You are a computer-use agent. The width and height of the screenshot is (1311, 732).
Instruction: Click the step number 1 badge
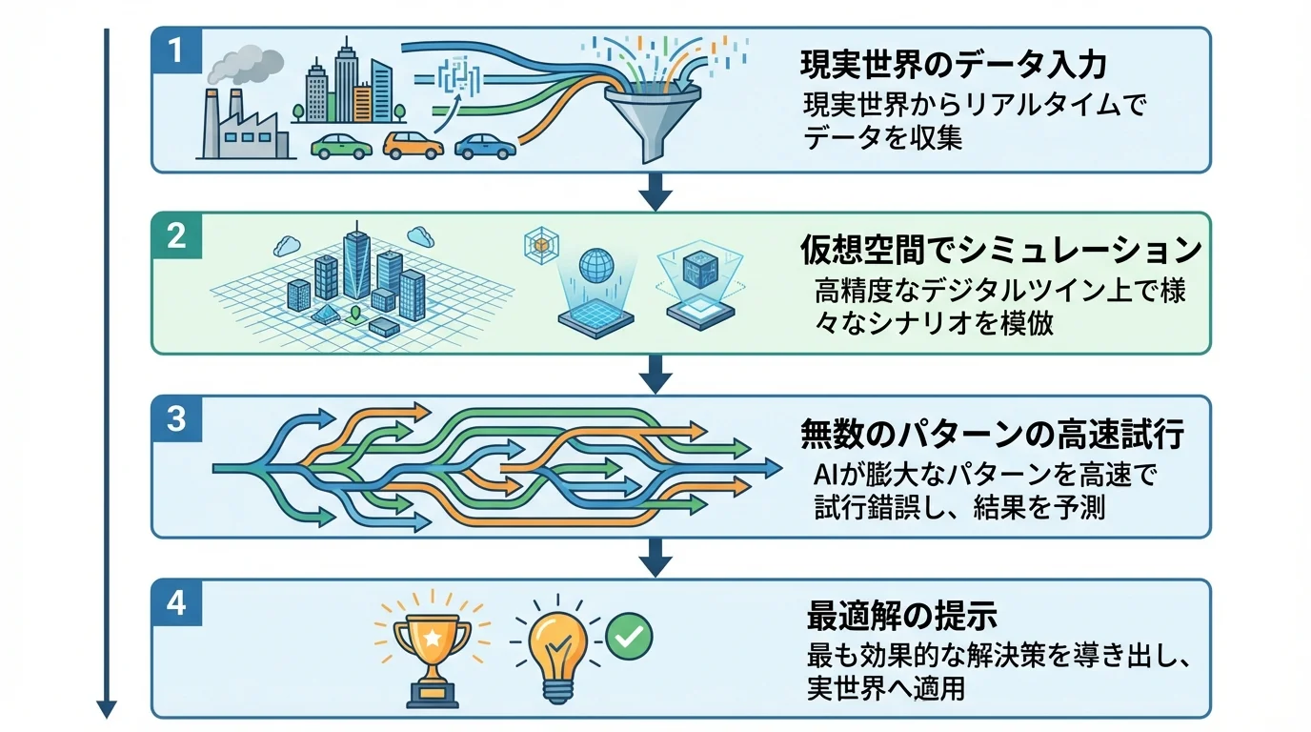click(176, 51)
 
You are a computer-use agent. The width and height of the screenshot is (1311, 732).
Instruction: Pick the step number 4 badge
click(176, 603)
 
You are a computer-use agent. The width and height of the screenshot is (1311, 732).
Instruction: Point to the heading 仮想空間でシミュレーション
click(999, 250)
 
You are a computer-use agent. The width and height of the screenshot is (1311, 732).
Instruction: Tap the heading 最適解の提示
click(901, 616)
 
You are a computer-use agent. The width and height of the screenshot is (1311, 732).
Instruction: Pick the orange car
click(413, 145)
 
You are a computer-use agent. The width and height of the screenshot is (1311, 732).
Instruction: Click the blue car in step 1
click(485, 146)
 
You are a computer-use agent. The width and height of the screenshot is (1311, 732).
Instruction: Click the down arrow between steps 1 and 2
click(655, 193)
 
